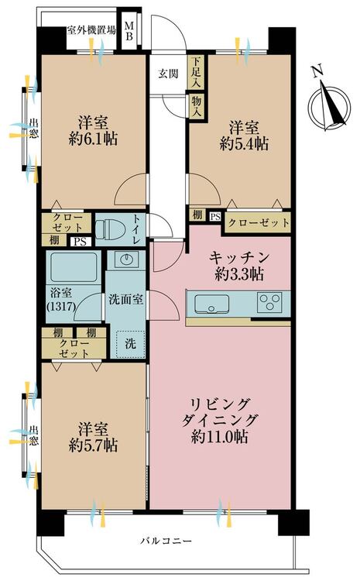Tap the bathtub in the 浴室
(74, 267)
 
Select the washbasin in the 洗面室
(126, 259)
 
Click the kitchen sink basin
(211, 304)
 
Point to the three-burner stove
(269, 301)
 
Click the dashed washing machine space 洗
(130, 344)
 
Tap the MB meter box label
(129, 31)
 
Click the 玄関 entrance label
(169, 74)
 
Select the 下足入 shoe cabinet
(196, 72)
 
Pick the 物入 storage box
(196, 105)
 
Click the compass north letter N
(316, 70)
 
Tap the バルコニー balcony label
(166, 541)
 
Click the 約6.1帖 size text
(93, 139)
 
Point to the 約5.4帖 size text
(244, 143)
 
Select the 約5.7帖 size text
(93, 445)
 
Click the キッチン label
(239, 257)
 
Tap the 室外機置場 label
(91, 30)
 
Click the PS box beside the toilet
(81, 242)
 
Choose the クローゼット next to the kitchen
(258, 222)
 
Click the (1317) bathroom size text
(61, 307)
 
